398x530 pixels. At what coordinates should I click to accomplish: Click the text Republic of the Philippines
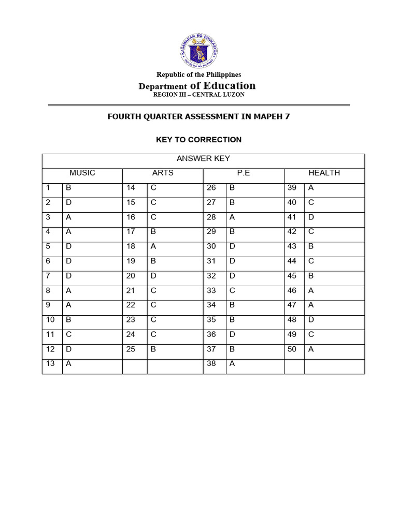click(199, 75)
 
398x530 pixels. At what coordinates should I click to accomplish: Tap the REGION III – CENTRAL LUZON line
click(199, 95)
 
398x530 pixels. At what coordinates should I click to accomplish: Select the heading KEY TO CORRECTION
click(199, 140)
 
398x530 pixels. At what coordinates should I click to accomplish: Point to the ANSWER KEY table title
click(203, 158)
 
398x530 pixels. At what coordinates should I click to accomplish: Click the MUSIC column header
click(82, 173)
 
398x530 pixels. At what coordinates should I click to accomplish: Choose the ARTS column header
click(163, 173)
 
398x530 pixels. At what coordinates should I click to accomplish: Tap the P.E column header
click(244, 173)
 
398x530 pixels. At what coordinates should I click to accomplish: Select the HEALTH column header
click(324, 173)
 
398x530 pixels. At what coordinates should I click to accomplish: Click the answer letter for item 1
click(68, 188)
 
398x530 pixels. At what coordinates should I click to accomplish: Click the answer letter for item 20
click(153, 276)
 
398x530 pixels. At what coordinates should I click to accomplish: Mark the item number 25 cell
click(131, 349)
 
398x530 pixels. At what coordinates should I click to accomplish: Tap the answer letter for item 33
click(232, 290)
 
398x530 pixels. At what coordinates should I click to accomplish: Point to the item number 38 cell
click(211, 364)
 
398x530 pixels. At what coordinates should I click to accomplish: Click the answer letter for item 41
click(311, 217)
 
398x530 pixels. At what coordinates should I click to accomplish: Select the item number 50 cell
click(292, 349)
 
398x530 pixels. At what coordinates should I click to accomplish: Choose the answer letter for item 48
click(311, 320)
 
